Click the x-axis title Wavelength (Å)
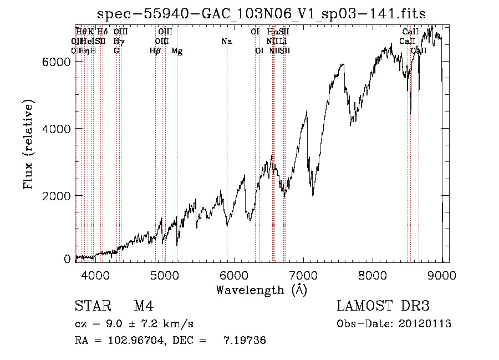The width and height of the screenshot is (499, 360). coord(261,290)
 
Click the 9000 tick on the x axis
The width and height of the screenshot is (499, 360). coord(441,275)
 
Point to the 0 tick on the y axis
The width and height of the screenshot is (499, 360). coord(67,259)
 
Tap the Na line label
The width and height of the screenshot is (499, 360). coord(226,41)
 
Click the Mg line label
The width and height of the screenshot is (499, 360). coord(177,51)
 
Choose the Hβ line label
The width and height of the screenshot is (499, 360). coord(155,51)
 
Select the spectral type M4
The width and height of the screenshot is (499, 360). coord(144,307)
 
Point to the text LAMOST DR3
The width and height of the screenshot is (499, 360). coord(383,307)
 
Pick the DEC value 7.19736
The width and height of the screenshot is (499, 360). coord(245,341)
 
